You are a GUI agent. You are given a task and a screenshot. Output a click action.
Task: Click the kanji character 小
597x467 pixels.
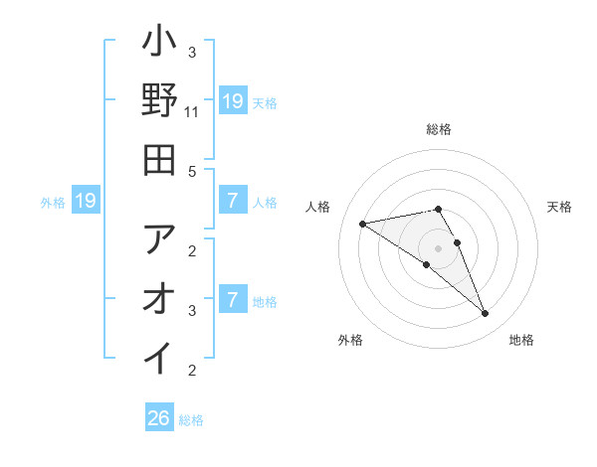point(160,45)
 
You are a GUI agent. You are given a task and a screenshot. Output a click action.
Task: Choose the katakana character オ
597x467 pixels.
point(160,297)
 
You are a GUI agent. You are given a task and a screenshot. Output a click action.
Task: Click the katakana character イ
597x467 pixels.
point(160,355)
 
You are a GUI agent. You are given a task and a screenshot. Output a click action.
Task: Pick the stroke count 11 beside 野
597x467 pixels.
point(192,112)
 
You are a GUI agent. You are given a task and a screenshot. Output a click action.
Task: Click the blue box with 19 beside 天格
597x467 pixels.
point(232,100)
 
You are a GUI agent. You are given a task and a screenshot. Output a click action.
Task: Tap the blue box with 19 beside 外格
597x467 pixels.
point(85,202)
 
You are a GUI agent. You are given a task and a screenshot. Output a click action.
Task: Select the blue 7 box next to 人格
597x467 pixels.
point(232,202)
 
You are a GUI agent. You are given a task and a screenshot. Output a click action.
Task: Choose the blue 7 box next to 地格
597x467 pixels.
point(232,300)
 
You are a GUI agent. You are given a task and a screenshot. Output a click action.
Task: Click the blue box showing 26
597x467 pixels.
point(159,418)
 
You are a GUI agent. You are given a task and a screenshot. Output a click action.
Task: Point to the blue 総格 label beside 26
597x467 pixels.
point(191,420)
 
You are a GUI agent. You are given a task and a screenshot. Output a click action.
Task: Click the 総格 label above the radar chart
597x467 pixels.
point(439,129)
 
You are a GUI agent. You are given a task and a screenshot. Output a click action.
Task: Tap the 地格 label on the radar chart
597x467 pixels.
point(521,340)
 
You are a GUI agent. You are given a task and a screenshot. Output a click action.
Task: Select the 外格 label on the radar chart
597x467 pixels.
point(350,340)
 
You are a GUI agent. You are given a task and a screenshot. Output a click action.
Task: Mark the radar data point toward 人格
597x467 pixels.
point(363,224)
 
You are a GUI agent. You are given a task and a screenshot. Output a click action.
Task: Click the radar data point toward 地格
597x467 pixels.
point(485,314)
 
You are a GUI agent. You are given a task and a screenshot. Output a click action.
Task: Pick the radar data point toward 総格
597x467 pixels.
point(438,209)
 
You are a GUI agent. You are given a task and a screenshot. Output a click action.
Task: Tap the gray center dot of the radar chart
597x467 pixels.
point(438,247)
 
